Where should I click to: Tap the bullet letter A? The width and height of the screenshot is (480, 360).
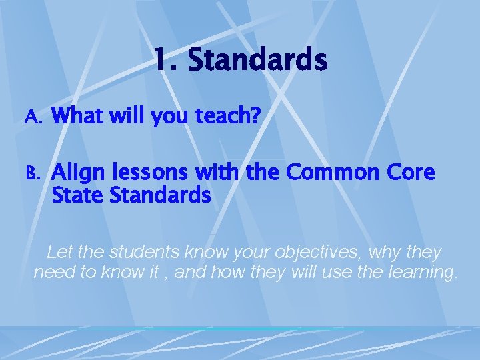point(33,117)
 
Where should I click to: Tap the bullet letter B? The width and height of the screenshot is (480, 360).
point(33,173)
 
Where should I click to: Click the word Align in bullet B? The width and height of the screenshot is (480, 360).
point(75,174)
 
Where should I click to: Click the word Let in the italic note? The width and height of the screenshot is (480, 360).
point(59,253)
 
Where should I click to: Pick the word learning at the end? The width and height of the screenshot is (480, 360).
point(420,273)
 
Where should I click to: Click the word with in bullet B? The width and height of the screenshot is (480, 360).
point(217,173)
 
